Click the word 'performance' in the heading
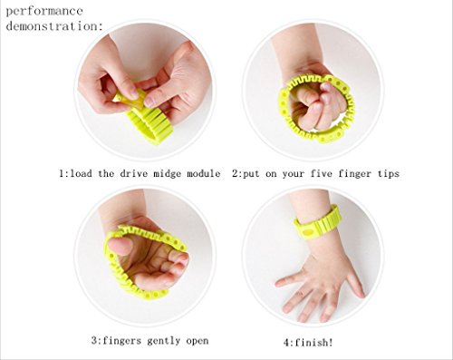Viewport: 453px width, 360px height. [x=44, y=12]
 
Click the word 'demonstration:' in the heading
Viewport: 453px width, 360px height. [x=54, y=26]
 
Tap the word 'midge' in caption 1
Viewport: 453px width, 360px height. [x=167, y=174]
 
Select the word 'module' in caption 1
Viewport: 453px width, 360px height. [x=203, y=173]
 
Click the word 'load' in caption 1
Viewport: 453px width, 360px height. [x=81, y=173]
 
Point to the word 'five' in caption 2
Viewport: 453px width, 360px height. [x=322, y=173]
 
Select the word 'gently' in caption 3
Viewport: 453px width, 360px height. [x=164, y=341]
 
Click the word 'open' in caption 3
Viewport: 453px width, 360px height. [x=198, y=342]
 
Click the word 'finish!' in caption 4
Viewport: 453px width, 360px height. [x=313, y=343]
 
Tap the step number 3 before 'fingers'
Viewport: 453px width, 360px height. [x=94, y=341]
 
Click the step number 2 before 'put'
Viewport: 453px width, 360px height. [x=236, y=173]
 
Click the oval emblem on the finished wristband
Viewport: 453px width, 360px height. [x=308, y=232]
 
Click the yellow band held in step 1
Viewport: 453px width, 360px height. [x=144, y=120]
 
